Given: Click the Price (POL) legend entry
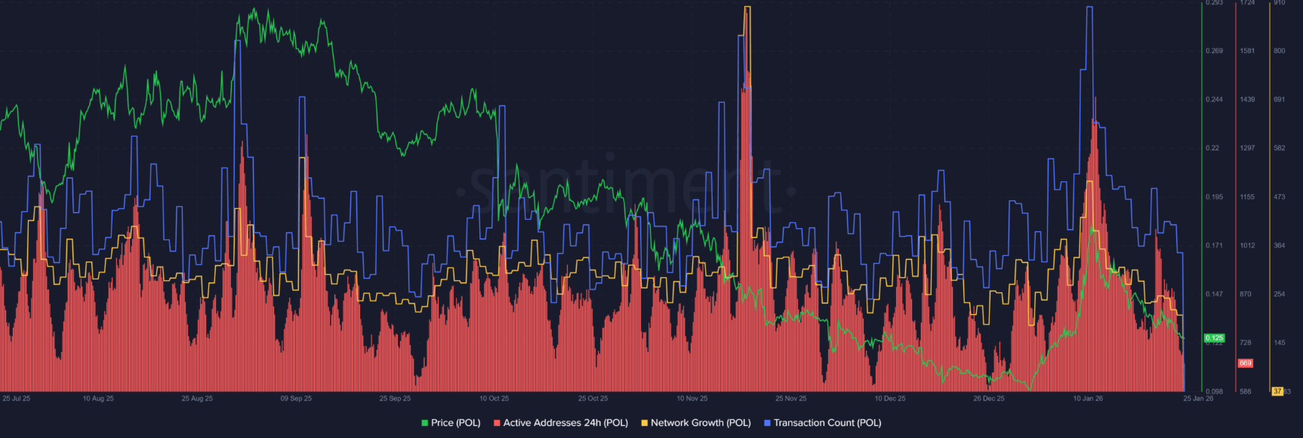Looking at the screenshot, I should coord(451,423).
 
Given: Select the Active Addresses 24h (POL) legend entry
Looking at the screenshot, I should coord(560,423).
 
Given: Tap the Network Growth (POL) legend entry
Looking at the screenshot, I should coord(695,423).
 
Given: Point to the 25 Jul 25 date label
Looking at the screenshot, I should coord(16,398).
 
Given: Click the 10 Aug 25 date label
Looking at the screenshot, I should coord(98,398).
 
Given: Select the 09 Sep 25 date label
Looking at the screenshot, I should coord(296,398).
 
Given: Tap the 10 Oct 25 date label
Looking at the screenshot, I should coord(494,398).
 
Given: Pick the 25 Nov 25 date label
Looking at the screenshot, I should coord(790,398).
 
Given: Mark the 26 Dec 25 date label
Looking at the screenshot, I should coord(988,398).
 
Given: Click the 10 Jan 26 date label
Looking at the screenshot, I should coord(1088,398).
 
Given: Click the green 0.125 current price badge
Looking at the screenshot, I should coord(1214,338).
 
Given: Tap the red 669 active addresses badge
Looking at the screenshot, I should coord(1245,363).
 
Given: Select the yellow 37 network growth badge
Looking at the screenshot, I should coord(1277,391).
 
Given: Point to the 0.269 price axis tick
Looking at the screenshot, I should coord(1214,51).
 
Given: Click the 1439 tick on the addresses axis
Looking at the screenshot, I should coord(1247,100).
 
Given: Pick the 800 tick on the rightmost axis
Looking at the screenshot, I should coord(1279,51).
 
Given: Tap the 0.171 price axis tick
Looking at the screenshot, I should coord(1214,245).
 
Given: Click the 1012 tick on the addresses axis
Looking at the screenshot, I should coord(1247,245).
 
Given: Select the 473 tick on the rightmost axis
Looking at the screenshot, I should coord(1279,197).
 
